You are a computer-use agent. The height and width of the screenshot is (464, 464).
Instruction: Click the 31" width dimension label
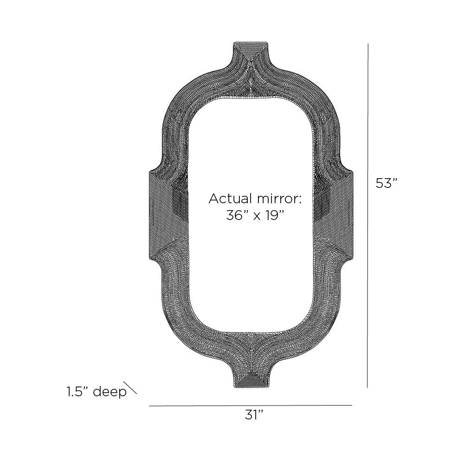(254, 415)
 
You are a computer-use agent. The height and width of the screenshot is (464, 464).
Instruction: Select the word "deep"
(110, 393)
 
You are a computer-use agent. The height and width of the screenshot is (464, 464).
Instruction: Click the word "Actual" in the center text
(230, 199)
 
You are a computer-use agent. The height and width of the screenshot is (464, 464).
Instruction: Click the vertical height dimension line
(368, 216)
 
